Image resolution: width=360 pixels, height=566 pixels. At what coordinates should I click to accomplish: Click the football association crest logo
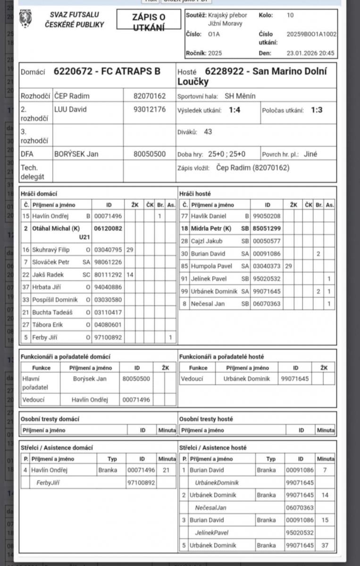click(25, 19)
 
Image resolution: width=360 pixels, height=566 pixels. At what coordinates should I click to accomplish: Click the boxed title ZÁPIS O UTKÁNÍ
click(149, 22)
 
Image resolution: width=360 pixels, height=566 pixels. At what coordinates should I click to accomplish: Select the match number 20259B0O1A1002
click(311, 34)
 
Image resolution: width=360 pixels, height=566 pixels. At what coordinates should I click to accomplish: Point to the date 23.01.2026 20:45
click(310, 53)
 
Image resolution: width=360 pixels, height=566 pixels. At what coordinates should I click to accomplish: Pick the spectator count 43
click(208, 132)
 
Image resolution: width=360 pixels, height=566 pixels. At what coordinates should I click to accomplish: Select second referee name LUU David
click(70, 109)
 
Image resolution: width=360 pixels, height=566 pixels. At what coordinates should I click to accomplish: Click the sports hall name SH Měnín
click(240, 96)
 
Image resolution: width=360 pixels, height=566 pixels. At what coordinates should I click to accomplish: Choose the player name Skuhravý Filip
click(50, 250)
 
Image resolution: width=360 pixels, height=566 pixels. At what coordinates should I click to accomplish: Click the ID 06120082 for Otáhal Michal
click(108, 228)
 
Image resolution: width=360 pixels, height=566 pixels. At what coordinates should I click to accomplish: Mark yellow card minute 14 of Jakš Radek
click(130, 275)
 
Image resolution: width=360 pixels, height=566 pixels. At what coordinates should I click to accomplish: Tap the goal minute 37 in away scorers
click(326, 546)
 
